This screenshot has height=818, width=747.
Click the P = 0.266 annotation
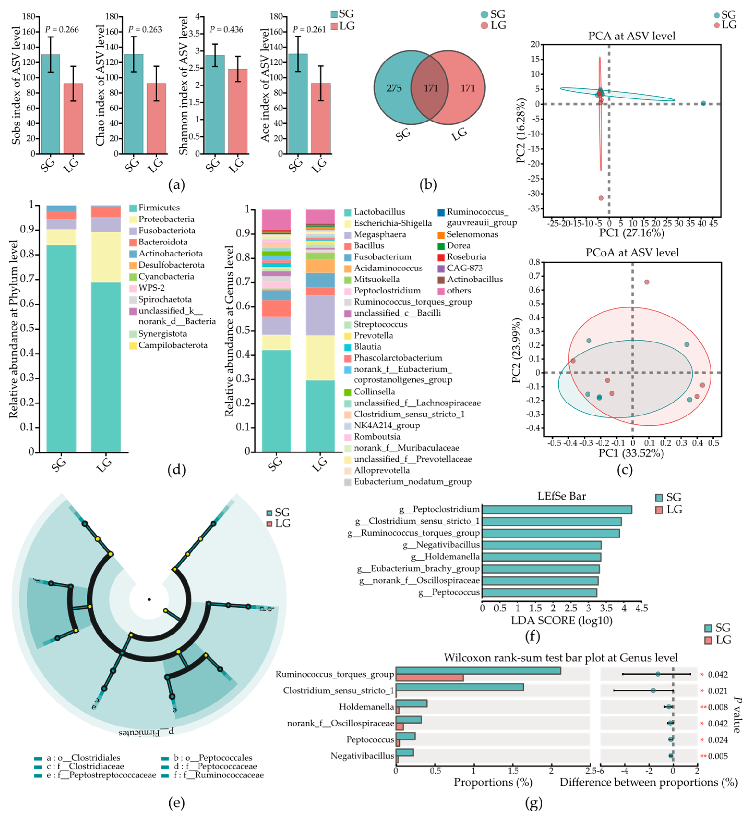click(x=62, y=30)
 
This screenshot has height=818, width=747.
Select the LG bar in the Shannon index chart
click(x=238, y=112)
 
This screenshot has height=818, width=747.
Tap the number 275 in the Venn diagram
click(x=394, y=88)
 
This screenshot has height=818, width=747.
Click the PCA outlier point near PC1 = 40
click(x=703, y=104)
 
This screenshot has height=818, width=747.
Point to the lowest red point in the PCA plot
click(x=601, y=198)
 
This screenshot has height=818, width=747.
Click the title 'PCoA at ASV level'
click(x=632, y=253)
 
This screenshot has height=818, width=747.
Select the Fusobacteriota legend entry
click(x=167, y=231)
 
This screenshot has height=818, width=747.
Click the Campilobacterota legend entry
click(x=173, y=345)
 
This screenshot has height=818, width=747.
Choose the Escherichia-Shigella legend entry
click(x=392, y=223)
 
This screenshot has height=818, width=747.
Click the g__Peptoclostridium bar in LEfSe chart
click(x=556, y=510)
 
